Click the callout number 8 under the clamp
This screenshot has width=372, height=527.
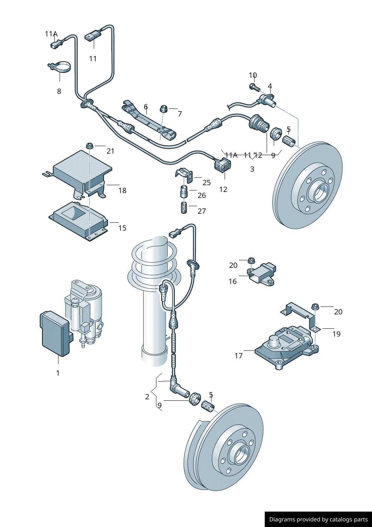(59, 91)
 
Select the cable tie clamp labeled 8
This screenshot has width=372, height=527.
(60, 68)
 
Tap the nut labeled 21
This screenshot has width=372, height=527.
(90, 145)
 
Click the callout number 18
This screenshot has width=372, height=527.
(122, 190)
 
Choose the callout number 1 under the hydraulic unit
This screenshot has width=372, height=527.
(58, 373)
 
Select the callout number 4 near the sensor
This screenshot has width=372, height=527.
(270, 86)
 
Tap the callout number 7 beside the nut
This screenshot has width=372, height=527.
(180, 114)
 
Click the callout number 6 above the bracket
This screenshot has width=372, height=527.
(145, 107)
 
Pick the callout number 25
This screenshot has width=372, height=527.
(207, 183)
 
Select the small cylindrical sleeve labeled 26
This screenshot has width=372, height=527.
(184, 192)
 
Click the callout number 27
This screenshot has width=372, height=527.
(202, 211)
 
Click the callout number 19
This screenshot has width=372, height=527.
(336, 334)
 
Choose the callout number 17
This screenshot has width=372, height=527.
(238, 356)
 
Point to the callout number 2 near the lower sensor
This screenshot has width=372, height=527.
(147, 397)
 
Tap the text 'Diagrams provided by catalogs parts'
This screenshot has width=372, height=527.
(318, 519)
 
